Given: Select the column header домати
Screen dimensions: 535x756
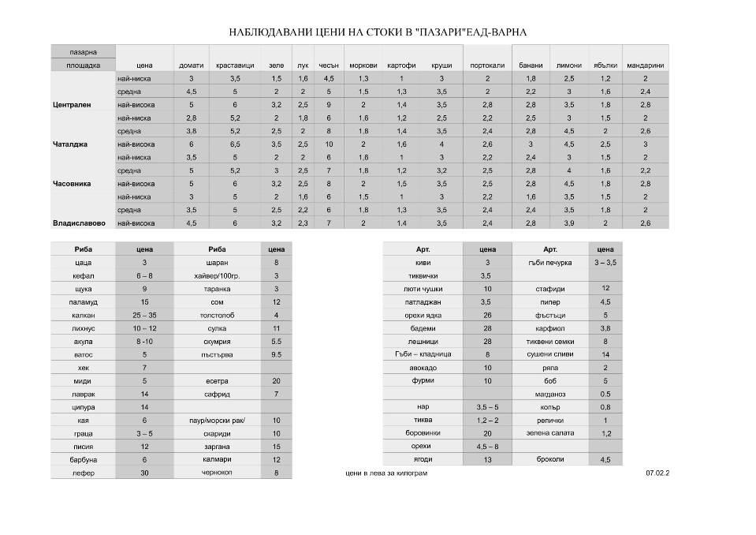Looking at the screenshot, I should tap(192, 65).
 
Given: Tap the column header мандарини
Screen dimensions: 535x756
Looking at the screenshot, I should tap(645, 65).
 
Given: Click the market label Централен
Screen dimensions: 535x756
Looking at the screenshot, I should tap(72, 104).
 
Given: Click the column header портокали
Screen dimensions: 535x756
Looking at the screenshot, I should tap(487, 65).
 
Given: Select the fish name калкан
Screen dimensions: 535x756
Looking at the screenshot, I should tap(83, 315).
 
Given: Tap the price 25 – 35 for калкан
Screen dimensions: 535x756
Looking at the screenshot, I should tap(144, 315).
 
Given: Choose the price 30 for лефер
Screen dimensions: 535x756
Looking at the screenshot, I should tap(144, 472).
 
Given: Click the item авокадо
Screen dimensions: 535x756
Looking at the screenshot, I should tap(423, 368).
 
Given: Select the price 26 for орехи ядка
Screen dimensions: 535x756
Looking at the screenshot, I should tap(487, 315).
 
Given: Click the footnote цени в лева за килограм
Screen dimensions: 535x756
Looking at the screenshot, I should tap(386, 473).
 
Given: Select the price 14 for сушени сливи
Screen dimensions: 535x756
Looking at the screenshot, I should tap(605, 354).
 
